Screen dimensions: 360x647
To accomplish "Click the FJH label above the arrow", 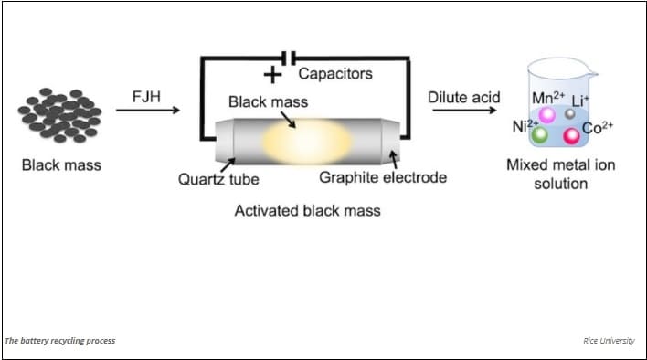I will click(146, 95).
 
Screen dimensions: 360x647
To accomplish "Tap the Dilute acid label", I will click(463, 96).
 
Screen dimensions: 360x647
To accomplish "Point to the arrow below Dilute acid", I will click(463, 111).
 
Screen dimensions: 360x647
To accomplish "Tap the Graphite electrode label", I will click(383, 177).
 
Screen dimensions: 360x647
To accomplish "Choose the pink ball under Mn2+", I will click(547, 115).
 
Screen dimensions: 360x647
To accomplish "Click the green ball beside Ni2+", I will click(540, 135).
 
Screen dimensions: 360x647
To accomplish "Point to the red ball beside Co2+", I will click(572, 136).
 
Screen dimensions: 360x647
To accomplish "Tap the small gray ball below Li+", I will click(569, 113).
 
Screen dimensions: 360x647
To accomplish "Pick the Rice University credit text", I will click(610, 341).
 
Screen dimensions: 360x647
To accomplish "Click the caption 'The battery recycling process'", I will click(60, 341).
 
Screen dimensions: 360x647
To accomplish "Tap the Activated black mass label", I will click(307, 210).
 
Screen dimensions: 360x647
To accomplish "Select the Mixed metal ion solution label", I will click(547, 175).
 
